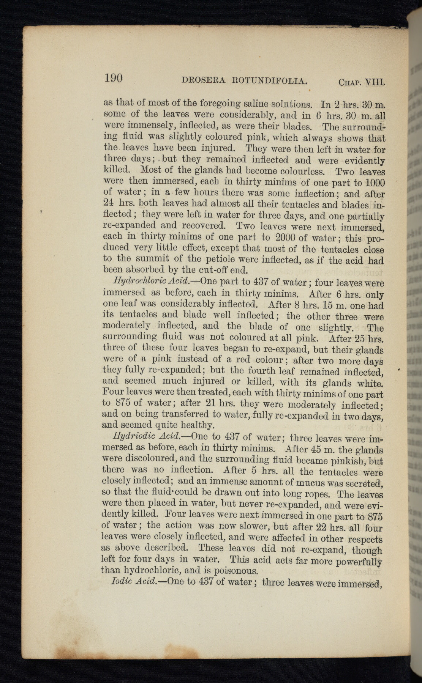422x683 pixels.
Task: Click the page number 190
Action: tap(113, 78)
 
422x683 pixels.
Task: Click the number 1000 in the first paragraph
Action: tap(375, 182)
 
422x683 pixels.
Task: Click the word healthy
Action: tap(199, 425)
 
